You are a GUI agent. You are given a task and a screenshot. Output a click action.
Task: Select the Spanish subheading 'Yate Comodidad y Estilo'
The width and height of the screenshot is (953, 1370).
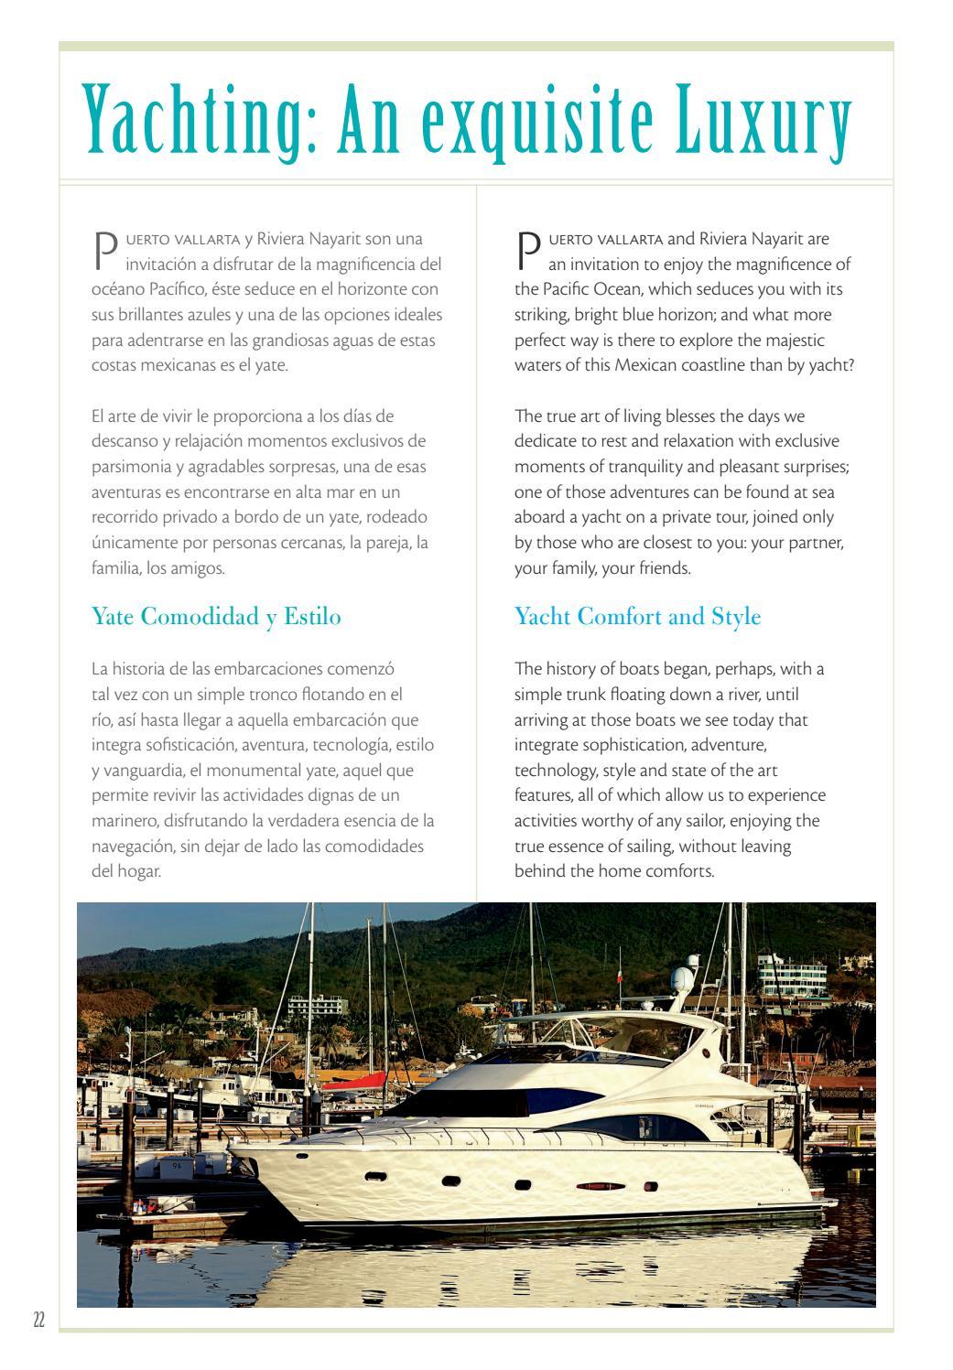coord(216,617)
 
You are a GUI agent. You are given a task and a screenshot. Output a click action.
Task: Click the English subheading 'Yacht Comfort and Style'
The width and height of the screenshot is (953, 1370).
coord(638,617)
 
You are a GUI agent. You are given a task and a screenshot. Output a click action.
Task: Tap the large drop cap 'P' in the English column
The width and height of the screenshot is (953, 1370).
coord(528,249)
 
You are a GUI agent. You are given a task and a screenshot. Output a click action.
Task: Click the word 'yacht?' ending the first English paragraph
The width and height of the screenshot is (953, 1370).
coord(833,365)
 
